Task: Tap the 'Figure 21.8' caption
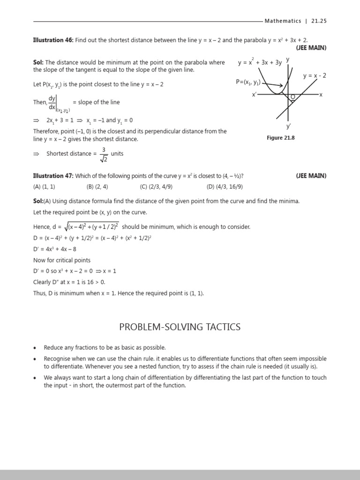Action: coord(281,138)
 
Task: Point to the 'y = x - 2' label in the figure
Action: coord(315,76)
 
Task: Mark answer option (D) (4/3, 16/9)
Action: coord(225,186)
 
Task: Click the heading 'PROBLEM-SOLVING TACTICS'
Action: coord(180,327)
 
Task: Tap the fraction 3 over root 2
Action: coord(103,154)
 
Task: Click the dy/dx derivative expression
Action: coord(52,102)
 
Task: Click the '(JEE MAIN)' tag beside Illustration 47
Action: coord(311,176)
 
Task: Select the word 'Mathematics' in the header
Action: coord(283,21)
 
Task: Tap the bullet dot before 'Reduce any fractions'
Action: coord(35,348)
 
